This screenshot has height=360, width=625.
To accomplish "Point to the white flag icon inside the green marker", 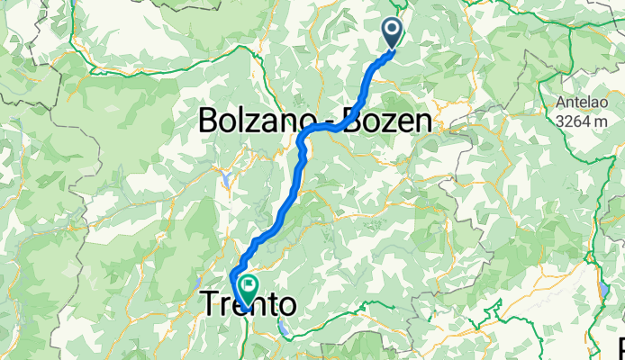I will coord(245,285).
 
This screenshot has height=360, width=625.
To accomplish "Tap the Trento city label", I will coord(246,305).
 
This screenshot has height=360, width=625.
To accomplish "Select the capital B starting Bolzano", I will coord(208,120).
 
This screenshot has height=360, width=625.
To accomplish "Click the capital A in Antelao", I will coord(560,101).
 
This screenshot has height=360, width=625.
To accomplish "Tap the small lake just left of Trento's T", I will coord(192,307).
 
